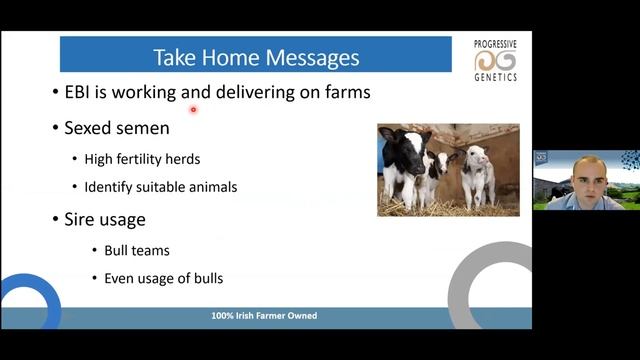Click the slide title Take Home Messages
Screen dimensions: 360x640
click(x=255, y=57)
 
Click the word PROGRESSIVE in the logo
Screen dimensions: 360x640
click(x=496, y=45)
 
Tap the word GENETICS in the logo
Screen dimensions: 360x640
click(x=496, y=77)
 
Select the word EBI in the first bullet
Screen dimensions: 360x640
click(x=78, y=93)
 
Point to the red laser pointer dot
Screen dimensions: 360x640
click(x=192, y=110)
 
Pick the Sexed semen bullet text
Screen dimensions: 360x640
click(x=116, y=128)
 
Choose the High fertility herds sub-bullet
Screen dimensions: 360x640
click(x=142, y=159)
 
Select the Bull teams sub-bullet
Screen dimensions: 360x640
click(x=137, y=250)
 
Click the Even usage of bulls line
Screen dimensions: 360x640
click(x=163, y=278)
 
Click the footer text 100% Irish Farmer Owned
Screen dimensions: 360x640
click(x=264, y=316)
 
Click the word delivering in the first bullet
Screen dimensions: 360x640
click(x=251, y=93)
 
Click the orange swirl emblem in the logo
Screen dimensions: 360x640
click(x=496, y=61)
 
